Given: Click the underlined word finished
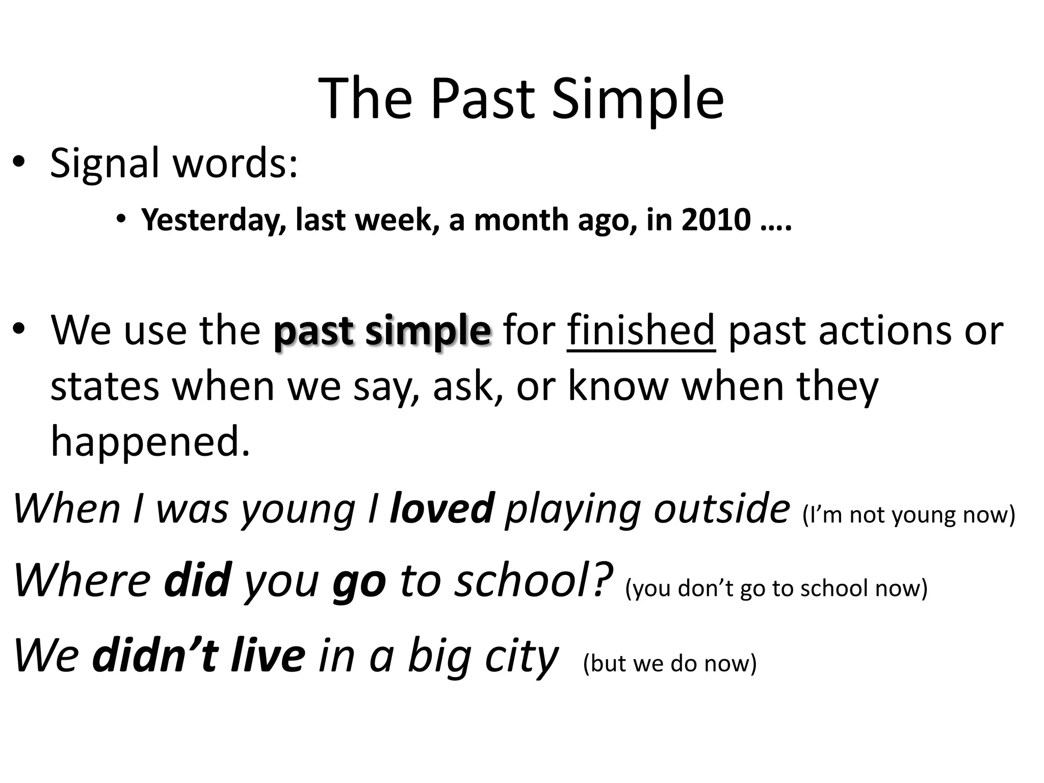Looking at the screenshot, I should point(641,331).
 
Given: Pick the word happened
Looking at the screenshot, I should point(150,441).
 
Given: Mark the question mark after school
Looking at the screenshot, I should point(603,580).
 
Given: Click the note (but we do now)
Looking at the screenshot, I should point(669,663).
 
